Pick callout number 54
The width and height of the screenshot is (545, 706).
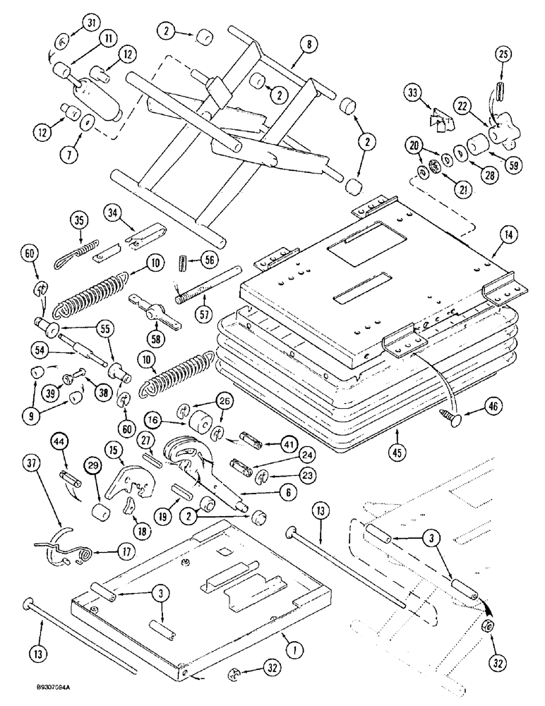[40, 348]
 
